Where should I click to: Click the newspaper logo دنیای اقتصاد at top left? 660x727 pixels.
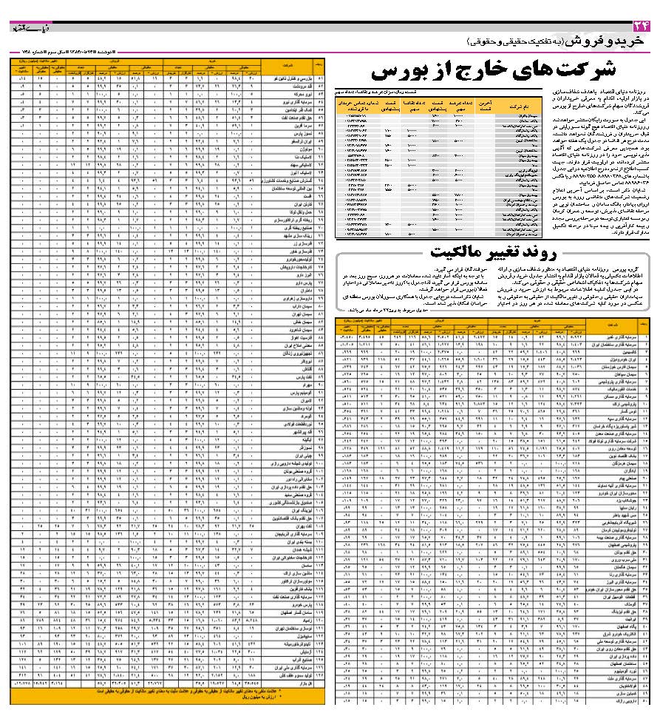pyautogui.click(x=29, y=27)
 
